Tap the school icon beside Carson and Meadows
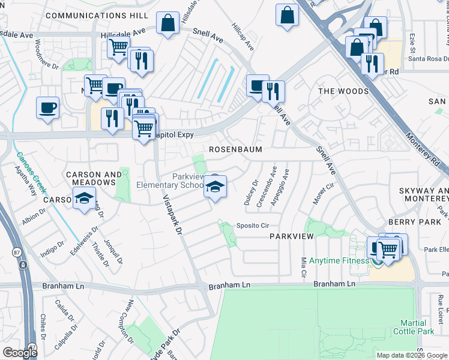click(85, 198)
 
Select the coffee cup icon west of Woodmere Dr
click(47, 108)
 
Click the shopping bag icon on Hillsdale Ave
click(168, 23)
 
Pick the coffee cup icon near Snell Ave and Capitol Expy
click(258, 85)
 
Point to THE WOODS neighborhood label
click(343, 91)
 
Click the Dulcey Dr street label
click(250, 193)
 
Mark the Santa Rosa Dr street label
click(428, 58)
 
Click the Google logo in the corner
click(19, 353)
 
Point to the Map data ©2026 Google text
click(412, 355)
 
